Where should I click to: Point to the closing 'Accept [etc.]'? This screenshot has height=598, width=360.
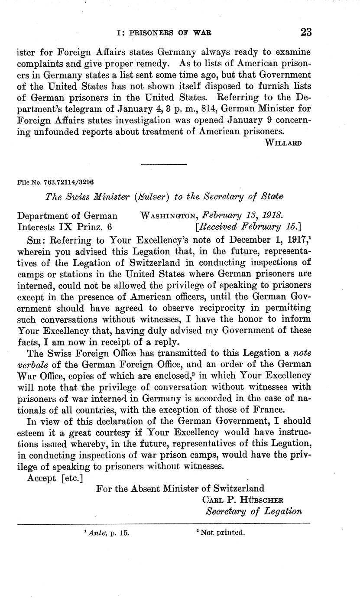(x=55, y=478)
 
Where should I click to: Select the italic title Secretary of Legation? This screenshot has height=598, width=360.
(x=253, y=511)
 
